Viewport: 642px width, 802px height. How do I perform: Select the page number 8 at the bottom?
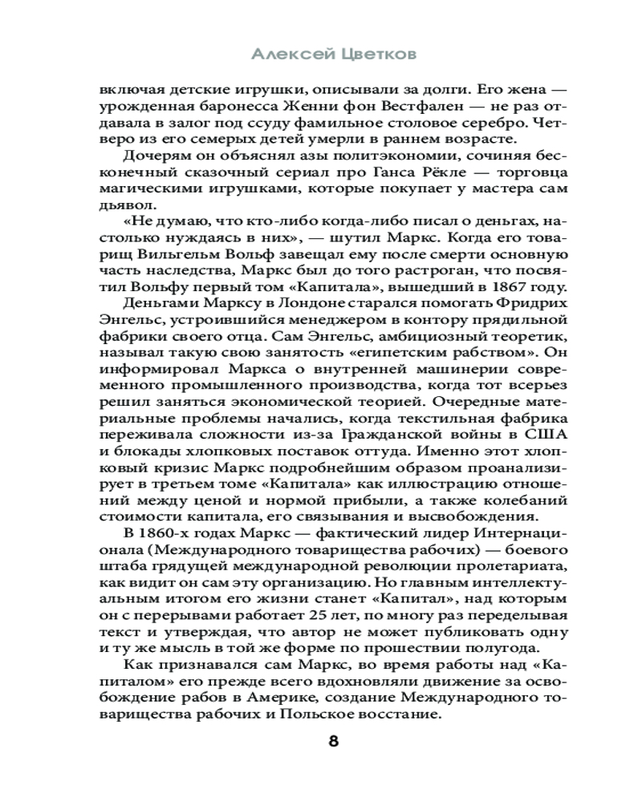[334, 741]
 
